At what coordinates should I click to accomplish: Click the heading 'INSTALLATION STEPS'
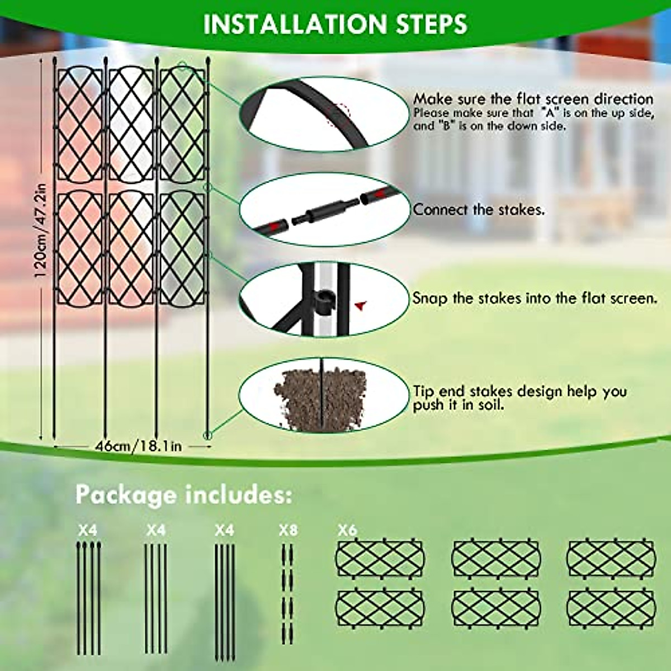(335, 24)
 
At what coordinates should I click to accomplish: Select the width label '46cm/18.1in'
(138, 446)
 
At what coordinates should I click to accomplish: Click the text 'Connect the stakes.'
(479, 210)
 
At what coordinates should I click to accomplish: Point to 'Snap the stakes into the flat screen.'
(535, 298)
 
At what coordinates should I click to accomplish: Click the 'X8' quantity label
(288, 530)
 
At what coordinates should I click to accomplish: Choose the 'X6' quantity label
(347, 530)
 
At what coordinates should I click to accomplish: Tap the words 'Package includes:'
(184, 495)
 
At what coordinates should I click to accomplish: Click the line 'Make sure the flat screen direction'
(533, 99)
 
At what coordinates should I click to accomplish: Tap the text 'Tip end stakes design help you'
(520, 391)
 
